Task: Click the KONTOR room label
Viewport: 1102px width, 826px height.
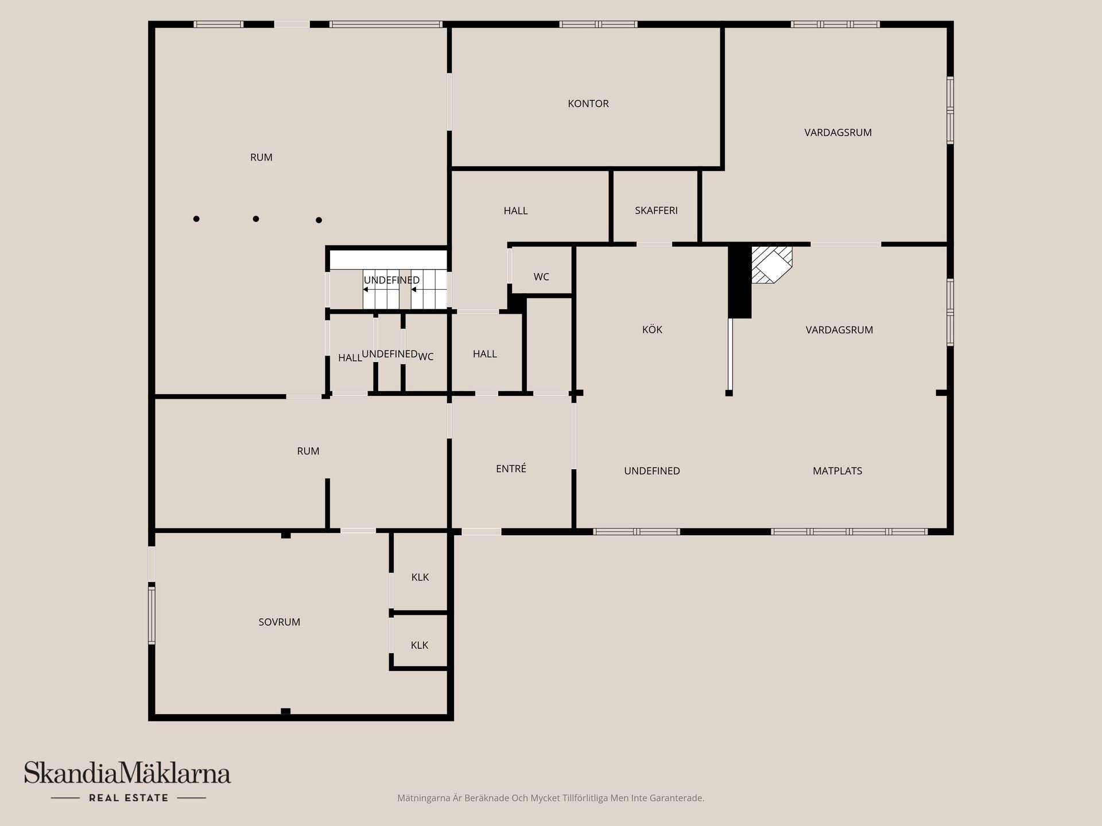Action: [588, 104]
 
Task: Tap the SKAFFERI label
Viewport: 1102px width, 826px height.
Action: [656, 211]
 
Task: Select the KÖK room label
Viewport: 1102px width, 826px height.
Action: [652, 330]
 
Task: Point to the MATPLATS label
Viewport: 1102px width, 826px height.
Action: [837, 471]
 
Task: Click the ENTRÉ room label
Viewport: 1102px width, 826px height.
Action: [511, 469]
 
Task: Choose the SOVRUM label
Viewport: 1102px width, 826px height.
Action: [279, 622]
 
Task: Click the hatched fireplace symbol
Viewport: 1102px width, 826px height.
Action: [772, 265]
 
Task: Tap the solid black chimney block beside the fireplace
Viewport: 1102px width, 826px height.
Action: [740, 281]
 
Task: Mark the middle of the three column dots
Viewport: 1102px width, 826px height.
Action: [256, 219]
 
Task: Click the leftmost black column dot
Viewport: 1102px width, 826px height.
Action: [196, 219]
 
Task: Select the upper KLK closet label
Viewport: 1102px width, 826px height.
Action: [420, 577]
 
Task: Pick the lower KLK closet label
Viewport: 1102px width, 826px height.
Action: [420, 645]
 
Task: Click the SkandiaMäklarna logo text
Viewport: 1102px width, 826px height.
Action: [127, 773]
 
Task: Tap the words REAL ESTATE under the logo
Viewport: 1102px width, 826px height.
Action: [129, 798]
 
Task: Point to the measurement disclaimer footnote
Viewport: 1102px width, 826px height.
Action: [550, 798]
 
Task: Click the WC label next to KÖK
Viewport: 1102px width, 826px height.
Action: [541, 277]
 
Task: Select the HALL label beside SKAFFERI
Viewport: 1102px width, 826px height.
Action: [515, 211]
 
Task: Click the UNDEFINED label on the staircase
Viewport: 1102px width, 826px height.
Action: [391, 280]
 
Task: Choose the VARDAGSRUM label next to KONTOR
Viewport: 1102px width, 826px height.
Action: [838, 133]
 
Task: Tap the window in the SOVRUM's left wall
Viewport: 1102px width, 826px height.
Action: [152, 614]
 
